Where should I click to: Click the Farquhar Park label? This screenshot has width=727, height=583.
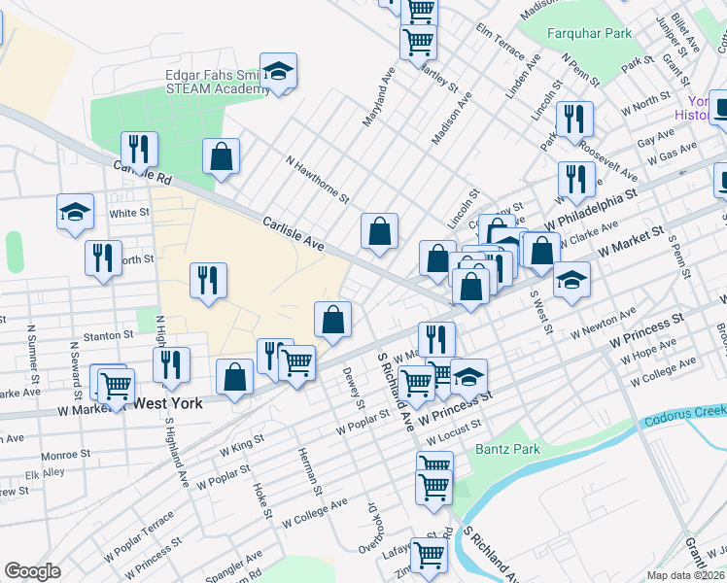click(589, 33)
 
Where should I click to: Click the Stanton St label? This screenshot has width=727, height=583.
click(108, 335)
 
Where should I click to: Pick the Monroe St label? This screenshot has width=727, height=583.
click(66, 454)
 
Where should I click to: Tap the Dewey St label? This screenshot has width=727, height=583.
click(353, 387)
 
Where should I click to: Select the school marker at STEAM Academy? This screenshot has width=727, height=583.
click(278, 71)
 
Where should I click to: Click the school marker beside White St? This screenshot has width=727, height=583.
click(75, 213)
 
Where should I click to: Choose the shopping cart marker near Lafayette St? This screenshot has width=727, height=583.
click(428, 556)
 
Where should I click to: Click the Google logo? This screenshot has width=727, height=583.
click(32, 571)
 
